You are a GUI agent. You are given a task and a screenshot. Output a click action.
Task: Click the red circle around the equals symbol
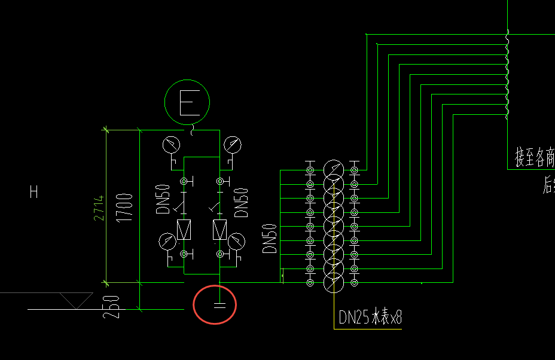[x=215, y=305]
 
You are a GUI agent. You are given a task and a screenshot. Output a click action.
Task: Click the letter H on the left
[x=34, y=192]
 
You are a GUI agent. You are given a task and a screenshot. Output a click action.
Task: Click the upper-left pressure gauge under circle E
[x=171, y=144]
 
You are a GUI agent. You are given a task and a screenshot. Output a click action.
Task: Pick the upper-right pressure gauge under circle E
[x=232, y=144]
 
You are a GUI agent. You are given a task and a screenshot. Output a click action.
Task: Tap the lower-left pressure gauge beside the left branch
[x=167, y=241]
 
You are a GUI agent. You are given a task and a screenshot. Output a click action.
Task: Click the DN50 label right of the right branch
[x=242, y=203]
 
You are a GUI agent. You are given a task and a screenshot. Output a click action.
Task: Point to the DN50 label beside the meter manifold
[x=270, y=239]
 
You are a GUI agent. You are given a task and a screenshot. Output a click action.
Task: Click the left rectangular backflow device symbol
[x=184, y=228]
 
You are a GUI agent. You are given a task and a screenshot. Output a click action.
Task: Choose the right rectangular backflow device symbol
[x=220, y=228]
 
